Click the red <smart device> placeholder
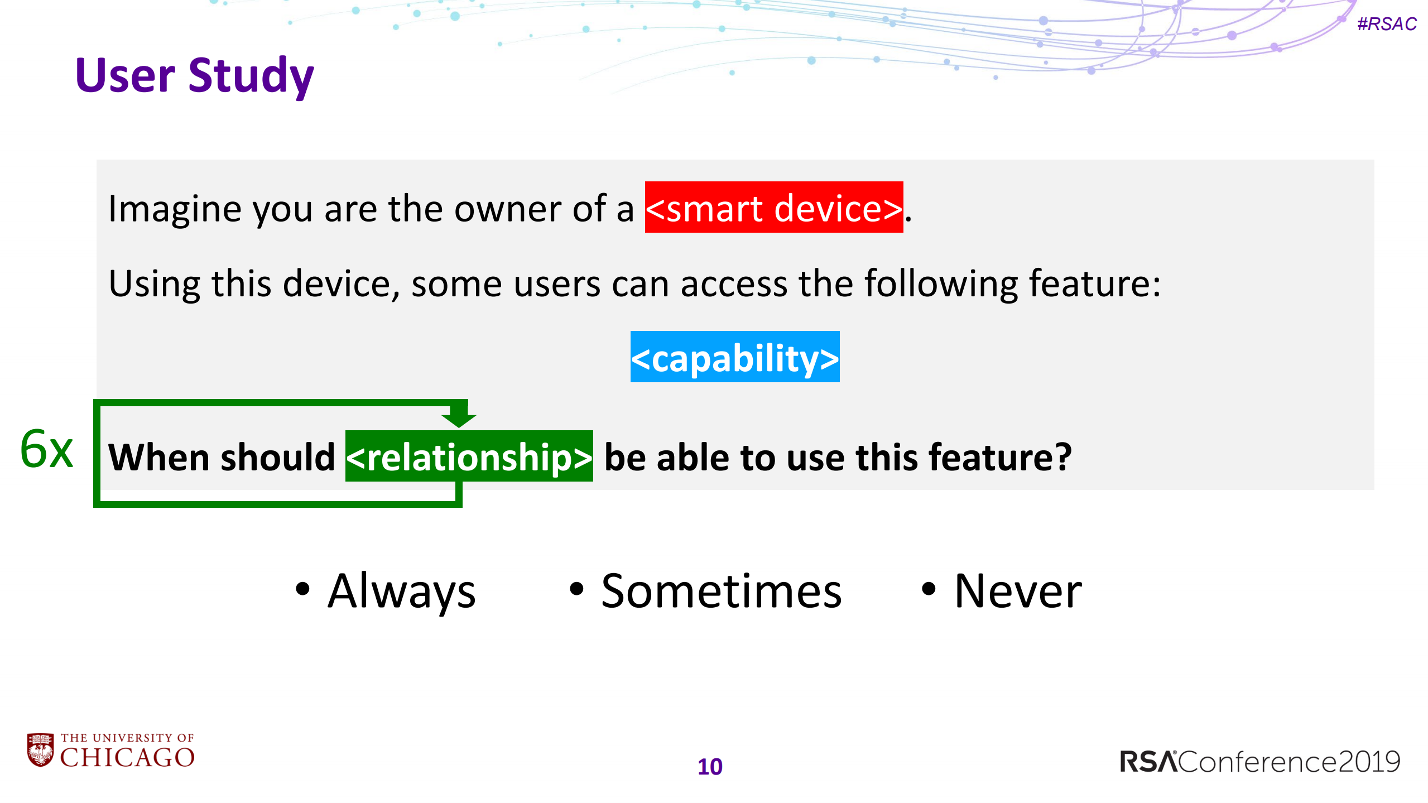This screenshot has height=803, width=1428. pos(773,208)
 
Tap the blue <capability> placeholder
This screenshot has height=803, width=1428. pos(734,357)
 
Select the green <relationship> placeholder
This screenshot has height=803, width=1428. pos(469,456)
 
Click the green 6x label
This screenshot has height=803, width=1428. pos(47,449)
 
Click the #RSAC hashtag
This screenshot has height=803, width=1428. pos(1386,24)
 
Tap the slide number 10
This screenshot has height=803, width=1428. pos(710,767)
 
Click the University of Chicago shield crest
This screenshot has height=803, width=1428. pos(40,750)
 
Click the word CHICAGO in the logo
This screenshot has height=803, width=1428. pos(127,758)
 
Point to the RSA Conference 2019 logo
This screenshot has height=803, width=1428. pos(1260,762)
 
